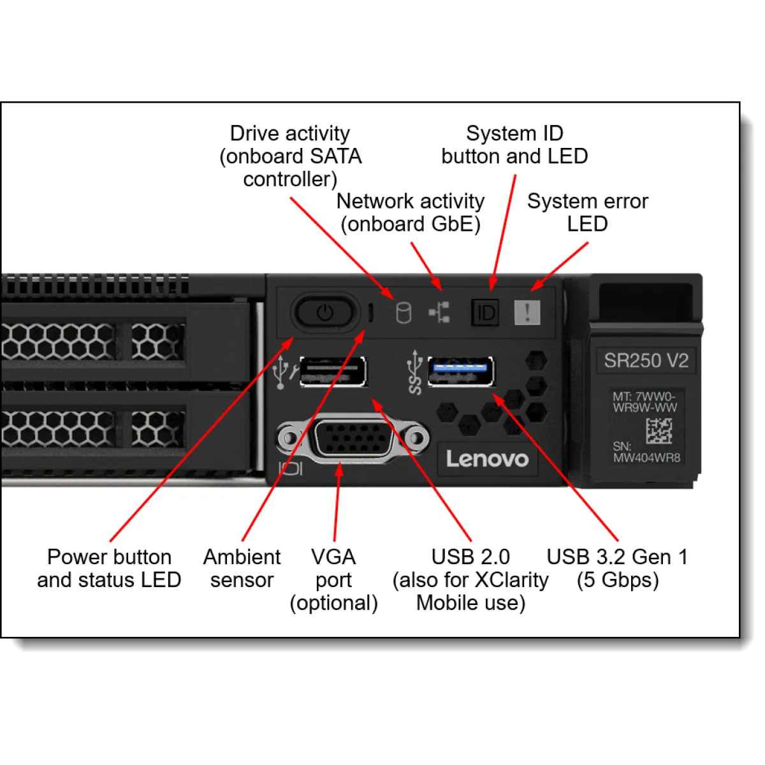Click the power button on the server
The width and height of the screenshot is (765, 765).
[x=324, y=312]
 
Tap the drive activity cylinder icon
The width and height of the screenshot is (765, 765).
[x=404, y=313]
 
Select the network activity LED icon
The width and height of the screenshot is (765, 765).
[x=439, y=312]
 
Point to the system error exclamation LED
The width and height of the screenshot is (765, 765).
[x=527, y=312]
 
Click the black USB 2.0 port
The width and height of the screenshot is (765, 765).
[x=333, y=372]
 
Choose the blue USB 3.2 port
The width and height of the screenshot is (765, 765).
[x=460, y=372]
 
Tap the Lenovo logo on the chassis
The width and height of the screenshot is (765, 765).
[x=487, y=459]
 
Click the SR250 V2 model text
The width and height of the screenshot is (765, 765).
[x=646, y=361]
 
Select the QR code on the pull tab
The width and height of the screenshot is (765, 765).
[x=659, y=431]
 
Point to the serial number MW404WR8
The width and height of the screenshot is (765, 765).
[x=646, y=458]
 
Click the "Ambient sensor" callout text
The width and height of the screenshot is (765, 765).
[x=242, y=568]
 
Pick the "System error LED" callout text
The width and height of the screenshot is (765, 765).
[x=587, y=212]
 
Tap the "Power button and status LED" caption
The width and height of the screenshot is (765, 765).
[x=109, y=568]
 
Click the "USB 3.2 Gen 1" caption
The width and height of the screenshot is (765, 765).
[x=617, y=557]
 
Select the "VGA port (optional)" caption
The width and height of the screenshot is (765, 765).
[x=333, y=579]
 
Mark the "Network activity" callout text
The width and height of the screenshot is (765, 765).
[x=411, y=201]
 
